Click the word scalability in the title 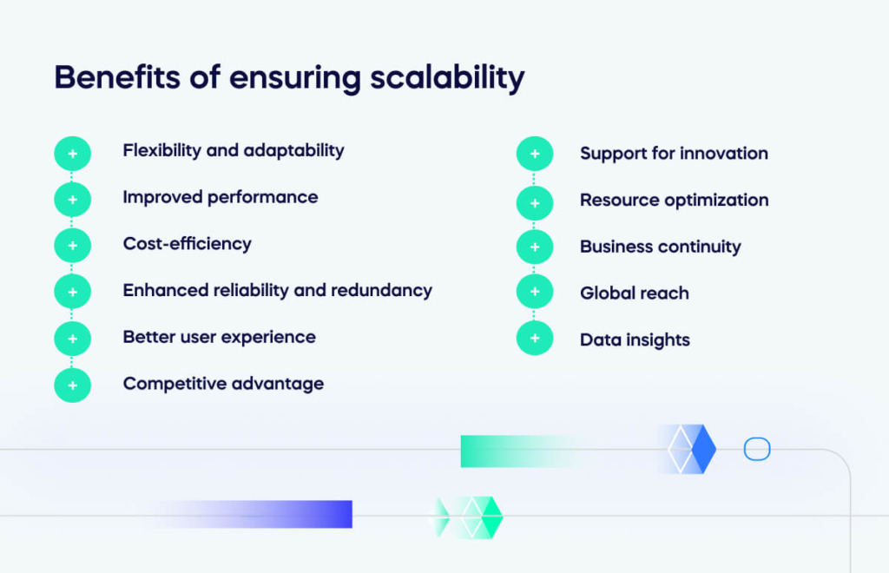(x=447, y=78)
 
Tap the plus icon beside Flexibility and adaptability (x=72, y=154)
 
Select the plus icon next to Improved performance (x=72, y=200)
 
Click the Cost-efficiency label (x=187, y=244)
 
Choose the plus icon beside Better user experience (x=72, y=338)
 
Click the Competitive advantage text (x=223, y=384)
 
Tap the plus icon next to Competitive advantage (x=72, y=385)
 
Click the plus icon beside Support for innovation (x=534, y=154)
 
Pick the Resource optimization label (x=674, y=201)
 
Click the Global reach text (x=634, y=293)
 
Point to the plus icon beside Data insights (x=534, y=338)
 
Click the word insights (x=657, y=340)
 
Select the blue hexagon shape (x=692, y=450)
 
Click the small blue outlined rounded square (x=757, y=450)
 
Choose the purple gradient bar (x=286, y=514)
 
